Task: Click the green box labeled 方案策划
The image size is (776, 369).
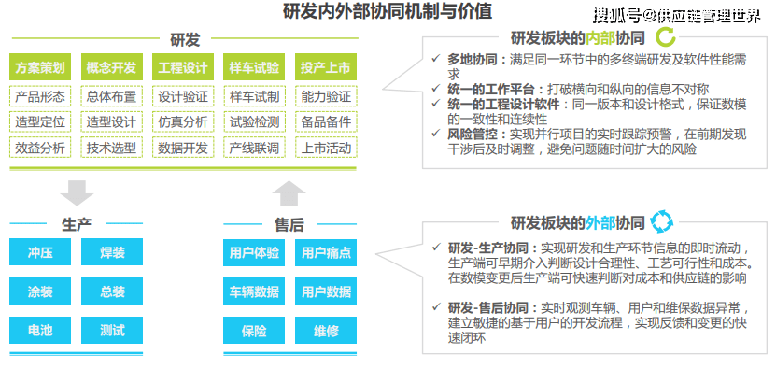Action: pos(39,68)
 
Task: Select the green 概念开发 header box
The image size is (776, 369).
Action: pos(111,68)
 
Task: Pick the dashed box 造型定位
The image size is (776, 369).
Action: pos(39,121)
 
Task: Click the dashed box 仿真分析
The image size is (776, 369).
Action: pos(182,121)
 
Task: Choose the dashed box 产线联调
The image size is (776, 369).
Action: pos(254,147)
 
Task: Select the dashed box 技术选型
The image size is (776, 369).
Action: pos(111,147)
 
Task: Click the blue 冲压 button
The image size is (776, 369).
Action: pos(39,253)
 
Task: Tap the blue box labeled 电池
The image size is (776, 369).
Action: pos(39,330)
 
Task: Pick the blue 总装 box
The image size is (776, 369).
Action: pos(112,291)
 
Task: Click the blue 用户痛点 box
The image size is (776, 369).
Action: pos(326,253)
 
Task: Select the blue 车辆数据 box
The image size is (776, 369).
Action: pos(253,291)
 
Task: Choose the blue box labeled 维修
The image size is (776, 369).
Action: pos(326,330)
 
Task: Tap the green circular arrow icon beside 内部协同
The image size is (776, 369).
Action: pos(666,38)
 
